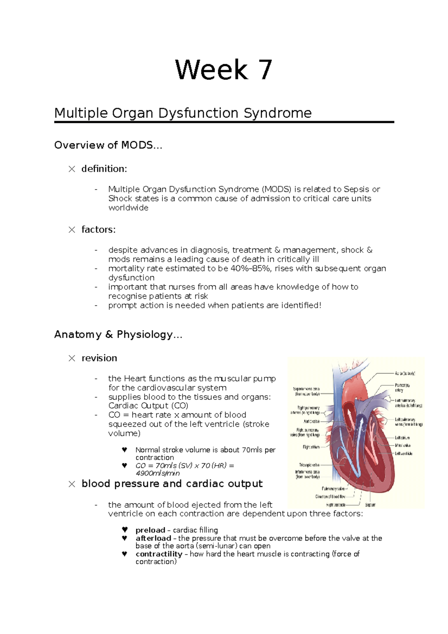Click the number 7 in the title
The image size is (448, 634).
tap(266, 70)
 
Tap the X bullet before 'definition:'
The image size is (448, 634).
tap(72, 169)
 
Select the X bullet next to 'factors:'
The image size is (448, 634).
tap(72, 230)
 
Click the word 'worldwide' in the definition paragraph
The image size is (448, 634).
tap(128, 208)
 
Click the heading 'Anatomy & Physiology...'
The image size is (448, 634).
tap(118, 334)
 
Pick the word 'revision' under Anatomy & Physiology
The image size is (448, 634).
tap(99, 358)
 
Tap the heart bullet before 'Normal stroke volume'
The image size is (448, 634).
tap(125, 450)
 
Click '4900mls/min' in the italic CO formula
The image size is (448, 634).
tap(158, 473)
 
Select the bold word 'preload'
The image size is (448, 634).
tap(150, 530)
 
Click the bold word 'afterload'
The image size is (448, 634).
tap(153, 538)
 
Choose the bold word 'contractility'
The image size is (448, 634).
tap(159, 554)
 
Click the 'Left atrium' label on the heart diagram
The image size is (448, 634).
tap(402, 438)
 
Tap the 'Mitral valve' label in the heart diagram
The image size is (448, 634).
tap(403, 445)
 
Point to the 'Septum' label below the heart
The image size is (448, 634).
tap(370, 505)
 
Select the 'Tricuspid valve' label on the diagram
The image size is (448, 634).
tap(309, 465)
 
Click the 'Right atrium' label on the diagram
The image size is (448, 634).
tap(311, 447)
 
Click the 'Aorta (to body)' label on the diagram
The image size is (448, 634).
tap(405, 373)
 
